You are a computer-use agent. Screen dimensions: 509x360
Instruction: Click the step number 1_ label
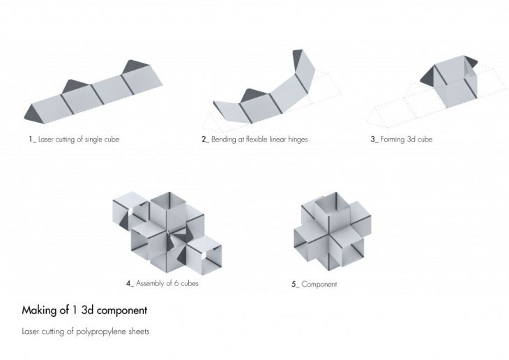pyautogui.click(x=32, y=140)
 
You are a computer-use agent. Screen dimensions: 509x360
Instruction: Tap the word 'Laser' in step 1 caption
pyautogui.click(x=45, y=140)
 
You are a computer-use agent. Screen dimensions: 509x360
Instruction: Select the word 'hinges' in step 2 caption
pyautogui.click(x=298, y=140)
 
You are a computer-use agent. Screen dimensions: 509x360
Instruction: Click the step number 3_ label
pyautogui.click(x=374, y=140)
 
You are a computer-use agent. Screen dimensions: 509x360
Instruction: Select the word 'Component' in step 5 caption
pyautogui.click(x=319, y=284)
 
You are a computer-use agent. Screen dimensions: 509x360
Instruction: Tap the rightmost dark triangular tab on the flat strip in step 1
pyautogui.click(x=135, y=66)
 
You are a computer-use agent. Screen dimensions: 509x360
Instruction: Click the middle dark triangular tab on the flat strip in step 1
pyautogui.click(x=75, y=86)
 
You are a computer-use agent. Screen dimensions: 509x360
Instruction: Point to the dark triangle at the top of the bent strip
pyautogui.click(x=297, y=61)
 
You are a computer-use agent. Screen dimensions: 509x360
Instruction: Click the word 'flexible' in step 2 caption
pyautogui.click(x=257, y=140)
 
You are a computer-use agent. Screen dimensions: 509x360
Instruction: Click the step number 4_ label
pyautogui.click(x=130, y=283)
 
